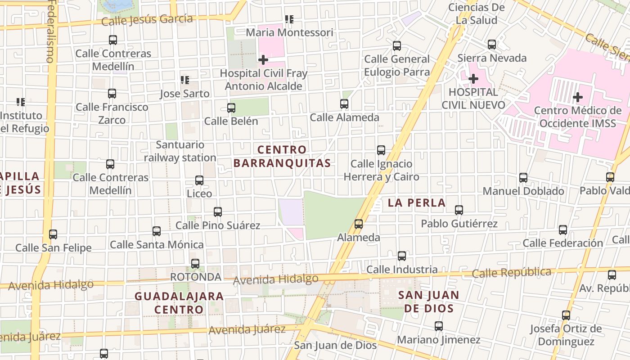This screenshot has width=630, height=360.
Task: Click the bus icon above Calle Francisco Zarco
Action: [x=112, y=94]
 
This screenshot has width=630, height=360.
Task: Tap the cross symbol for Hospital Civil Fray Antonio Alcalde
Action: [x=263, y=59]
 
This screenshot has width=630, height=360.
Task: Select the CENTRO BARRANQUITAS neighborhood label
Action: [x=282, y=156]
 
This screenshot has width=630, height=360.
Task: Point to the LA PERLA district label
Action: [x=417, y=203]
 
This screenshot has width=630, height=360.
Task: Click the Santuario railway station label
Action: [x=180, y=151]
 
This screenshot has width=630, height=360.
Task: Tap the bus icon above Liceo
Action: [x=199, y=180]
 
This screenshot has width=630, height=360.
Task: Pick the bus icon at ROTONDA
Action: [x=195, y=264]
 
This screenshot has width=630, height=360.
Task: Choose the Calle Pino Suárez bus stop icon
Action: [x=218, y=211]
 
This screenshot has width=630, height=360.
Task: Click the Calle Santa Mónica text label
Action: [x=157, y=245]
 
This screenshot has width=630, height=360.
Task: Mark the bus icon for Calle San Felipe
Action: [x=53, y=234]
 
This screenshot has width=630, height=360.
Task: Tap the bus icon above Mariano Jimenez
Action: [x=439, y=326]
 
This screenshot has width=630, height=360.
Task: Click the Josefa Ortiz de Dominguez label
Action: [x=566, y=335]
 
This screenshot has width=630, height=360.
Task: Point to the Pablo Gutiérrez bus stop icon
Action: [x=459, y=210]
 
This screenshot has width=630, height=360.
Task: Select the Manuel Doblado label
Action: [x=523, y=191]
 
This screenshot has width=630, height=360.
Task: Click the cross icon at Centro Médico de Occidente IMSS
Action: [x=578, y=97]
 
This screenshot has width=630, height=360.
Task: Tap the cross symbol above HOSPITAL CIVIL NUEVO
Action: [x=473, y=79]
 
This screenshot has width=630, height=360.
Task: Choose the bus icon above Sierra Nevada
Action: [x=492, y=45]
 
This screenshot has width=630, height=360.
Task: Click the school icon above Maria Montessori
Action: [x=289, y=19]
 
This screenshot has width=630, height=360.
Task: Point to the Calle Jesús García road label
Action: [x=147, y=20]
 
